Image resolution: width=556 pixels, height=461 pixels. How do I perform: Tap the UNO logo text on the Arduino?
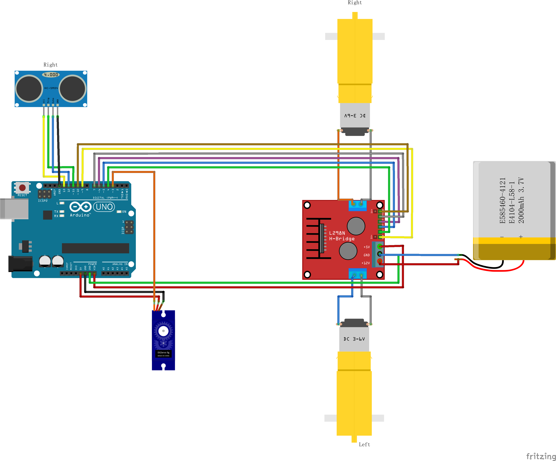point(104,207)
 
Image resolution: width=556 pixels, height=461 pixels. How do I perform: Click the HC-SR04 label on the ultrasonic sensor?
point(51,88)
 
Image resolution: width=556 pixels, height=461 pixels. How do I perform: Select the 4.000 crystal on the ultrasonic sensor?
point(51,75)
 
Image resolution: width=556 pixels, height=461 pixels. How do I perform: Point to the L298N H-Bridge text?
point(341,236)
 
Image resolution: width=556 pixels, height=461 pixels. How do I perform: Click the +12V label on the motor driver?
point(366,263)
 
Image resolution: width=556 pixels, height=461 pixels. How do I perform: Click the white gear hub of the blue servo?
point(163,331)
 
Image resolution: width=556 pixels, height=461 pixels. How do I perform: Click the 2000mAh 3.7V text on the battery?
point(521,200)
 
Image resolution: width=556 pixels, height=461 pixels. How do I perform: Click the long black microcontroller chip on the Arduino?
point(95,248)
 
